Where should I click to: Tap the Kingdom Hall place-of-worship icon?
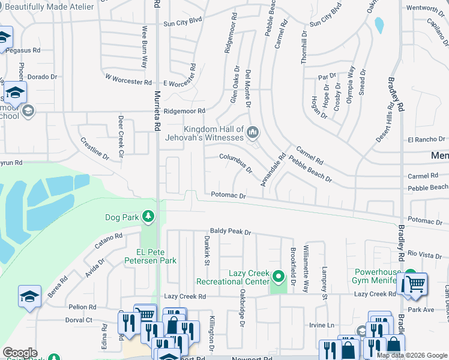(253, 131)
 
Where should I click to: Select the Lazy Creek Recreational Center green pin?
(277, 277)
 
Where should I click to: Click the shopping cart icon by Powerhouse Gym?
(415, 284)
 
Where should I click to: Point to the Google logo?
(20, 353)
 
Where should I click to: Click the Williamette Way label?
(306, 265)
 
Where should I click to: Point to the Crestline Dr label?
(94, 148)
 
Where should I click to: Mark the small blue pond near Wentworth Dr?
(379, 25)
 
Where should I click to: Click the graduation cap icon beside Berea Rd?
(29, 296)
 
